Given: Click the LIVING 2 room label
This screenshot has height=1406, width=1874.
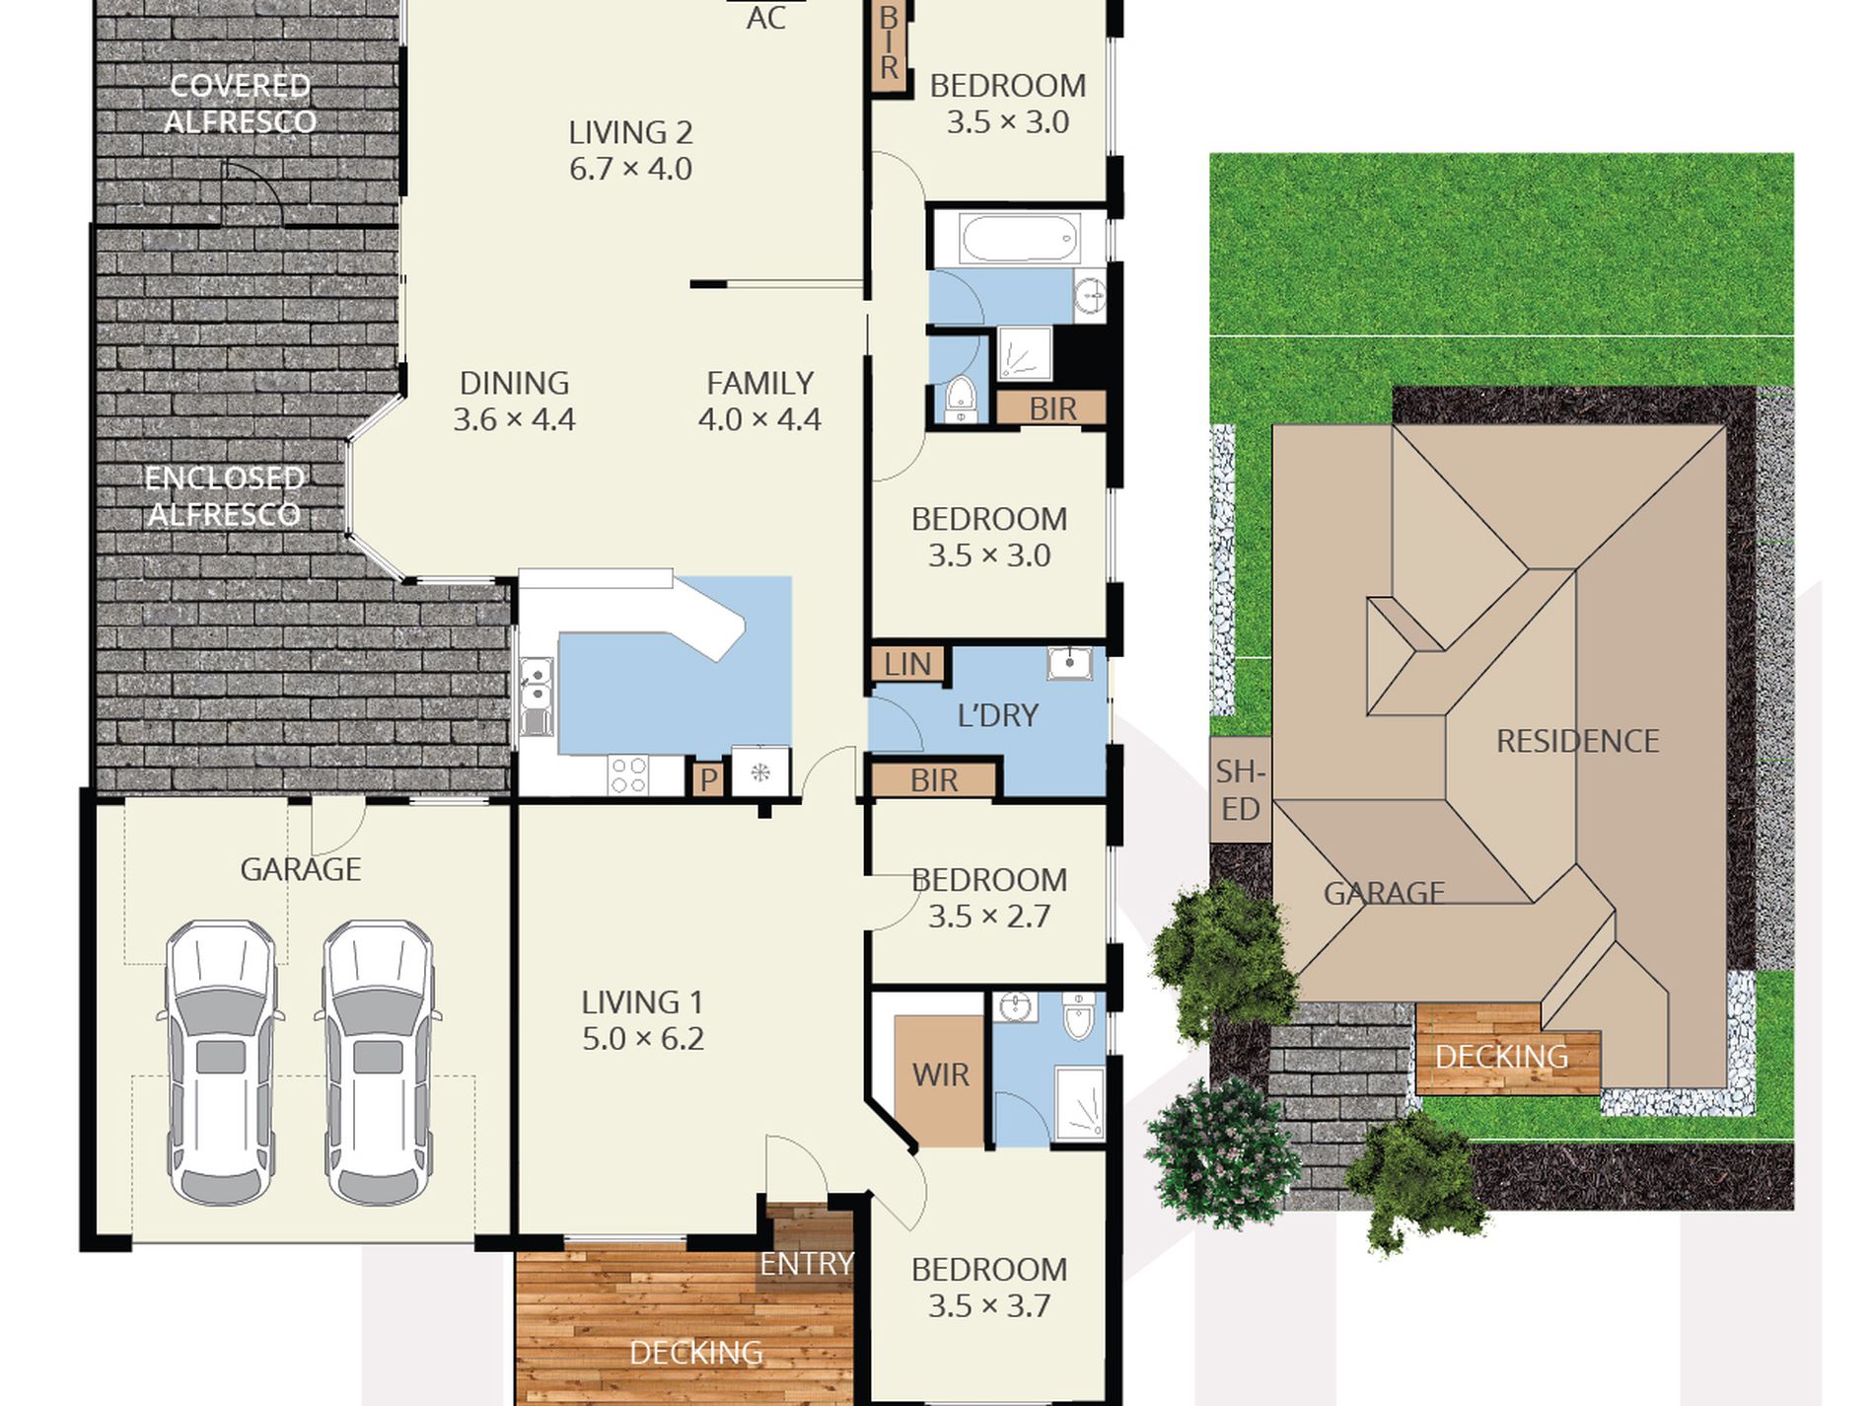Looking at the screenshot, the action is point(630,132).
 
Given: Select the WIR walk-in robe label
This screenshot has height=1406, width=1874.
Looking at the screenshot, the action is point(940,1074).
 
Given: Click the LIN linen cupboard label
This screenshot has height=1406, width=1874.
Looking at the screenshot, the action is point(907,664).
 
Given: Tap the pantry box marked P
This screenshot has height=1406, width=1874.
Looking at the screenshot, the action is point(708,779).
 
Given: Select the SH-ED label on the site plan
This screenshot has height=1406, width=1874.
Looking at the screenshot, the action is point(1240,789).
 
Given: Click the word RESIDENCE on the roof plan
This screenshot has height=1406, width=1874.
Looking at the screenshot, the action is point(1577,741).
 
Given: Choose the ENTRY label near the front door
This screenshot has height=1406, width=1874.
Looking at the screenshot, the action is point(806,1263).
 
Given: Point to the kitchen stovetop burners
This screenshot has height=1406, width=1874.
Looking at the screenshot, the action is point(628,775).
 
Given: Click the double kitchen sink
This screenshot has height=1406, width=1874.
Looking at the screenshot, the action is point(536,697).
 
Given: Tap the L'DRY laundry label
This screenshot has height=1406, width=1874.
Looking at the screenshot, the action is point(998,715).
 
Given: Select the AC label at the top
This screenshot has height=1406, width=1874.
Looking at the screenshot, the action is point(765,18).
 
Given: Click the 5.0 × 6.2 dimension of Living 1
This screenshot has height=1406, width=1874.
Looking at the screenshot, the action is point(643,1039).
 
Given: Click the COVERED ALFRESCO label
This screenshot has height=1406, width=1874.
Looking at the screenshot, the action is point(240,104).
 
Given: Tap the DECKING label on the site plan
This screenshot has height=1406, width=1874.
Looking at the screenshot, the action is point(1501,1057).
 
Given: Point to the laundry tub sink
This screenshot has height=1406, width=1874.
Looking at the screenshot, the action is point(1069,663).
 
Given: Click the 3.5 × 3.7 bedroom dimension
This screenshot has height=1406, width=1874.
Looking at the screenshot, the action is point(988,1305).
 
